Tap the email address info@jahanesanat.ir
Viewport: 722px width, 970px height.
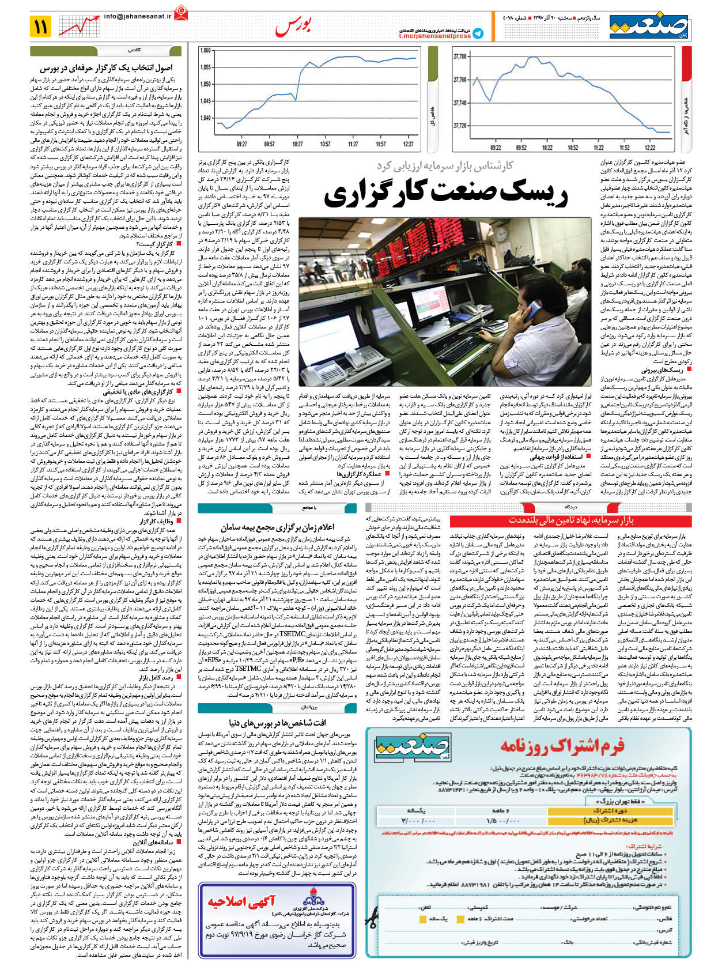click(x=138, y=17)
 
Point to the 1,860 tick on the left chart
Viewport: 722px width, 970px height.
click(x=205, y=51)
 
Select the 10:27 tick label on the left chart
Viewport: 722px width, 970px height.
click(x=297, y=144)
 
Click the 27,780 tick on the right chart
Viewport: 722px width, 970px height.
click(x=460, y=56)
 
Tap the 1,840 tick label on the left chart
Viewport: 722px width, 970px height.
click(x=205, y=118)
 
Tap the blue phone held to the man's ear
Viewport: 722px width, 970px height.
click(x=531, y=311)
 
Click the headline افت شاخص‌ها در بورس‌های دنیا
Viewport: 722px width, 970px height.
click(x=277, y=722)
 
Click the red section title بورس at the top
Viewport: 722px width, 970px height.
click(x=293, y=26)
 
